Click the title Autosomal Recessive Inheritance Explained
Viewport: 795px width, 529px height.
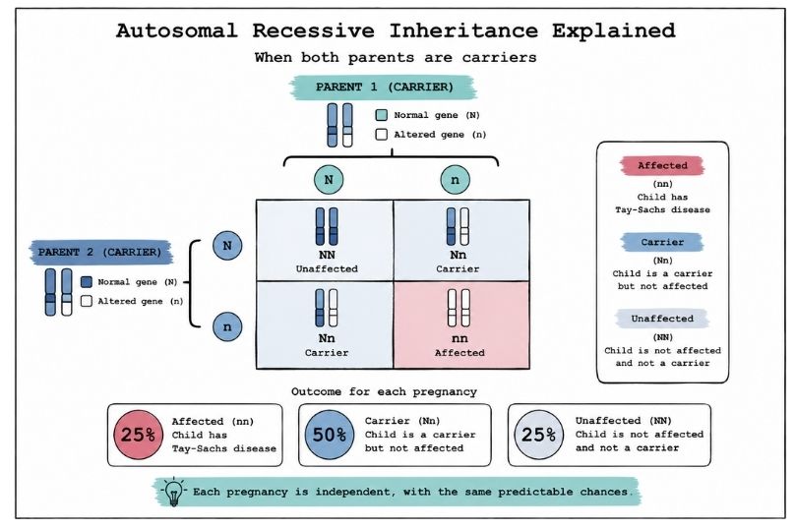click(x=396, y=29)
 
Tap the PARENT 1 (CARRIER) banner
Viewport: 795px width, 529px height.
click(x=384, y=87)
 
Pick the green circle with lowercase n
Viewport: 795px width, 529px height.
click(x=454, y=181)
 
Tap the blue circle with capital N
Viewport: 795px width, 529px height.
click(x=227, y=246)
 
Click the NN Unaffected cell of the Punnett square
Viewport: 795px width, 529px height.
click(x=325, y=239)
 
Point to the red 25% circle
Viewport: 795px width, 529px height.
click(x=139, y=435)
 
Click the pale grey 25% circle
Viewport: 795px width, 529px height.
click(x=537, y=435)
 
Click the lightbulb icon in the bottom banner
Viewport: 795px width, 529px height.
click(x=174, y=491)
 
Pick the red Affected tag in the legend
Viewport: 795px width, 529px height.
click(x=662, y=166)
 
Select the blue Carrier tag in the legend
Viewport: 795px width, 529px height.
click(x=662, y=242)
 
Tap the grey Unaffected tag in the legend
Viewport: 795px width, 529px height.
click(x=662, y=319)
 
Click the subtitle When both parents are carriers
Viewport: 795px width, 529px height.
click(x=396, y=57)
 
